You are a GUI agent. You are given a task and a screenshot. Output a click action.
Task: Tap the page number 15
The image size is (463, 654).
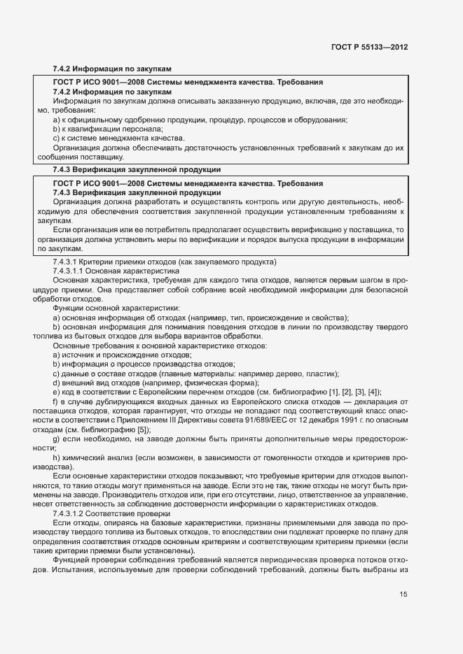(403, 595)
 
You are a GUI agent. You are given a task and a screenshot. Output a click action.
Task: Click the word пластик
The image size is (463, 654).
(324, 374)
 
